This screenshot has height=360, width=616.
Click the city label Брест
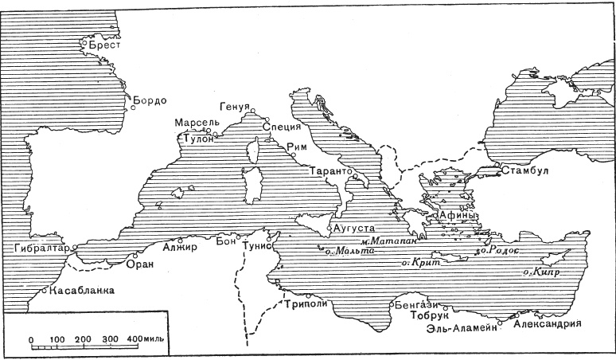(x=104, y=46)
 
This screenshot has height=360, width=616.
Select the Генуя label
(x=236, y=108)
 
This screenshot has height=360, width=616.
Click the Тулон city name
(x=198, y=139)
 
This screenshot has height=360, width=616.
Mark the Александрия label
(x=548, y=325)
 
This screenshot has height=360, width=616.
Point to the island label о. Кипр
(x=540, y=272)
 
